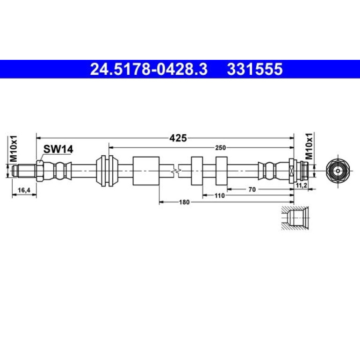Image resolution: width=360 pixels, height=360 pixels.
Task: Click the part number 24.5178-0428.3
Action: tap(149, 69)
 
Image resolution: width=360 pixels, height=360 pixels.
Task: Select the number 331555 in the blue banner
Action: tap(255, 69)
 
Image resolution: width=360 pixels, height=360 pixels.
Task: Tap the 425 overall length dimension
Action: tap(178, 138)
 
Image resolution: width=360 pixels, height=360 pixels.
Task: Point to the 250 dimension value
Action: tap(220, 148)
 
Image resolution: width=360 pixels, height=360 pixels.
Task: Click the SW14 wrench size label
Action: tap(58, 149)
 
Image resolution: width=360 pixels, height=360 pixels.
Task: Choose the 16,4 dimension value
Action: tap(24, 190)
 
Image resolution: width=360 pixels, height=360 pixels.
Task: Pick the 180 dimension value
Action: tap(184, 202)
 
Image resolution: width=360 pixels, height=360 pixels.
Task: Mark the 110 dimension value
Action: tap(220, 196)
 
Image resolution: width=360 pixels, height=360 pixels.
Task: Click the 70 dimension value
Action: tap(252, 190)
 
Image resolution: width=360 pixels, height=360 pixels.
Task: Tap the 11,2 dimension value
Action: tap(302, 186)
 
